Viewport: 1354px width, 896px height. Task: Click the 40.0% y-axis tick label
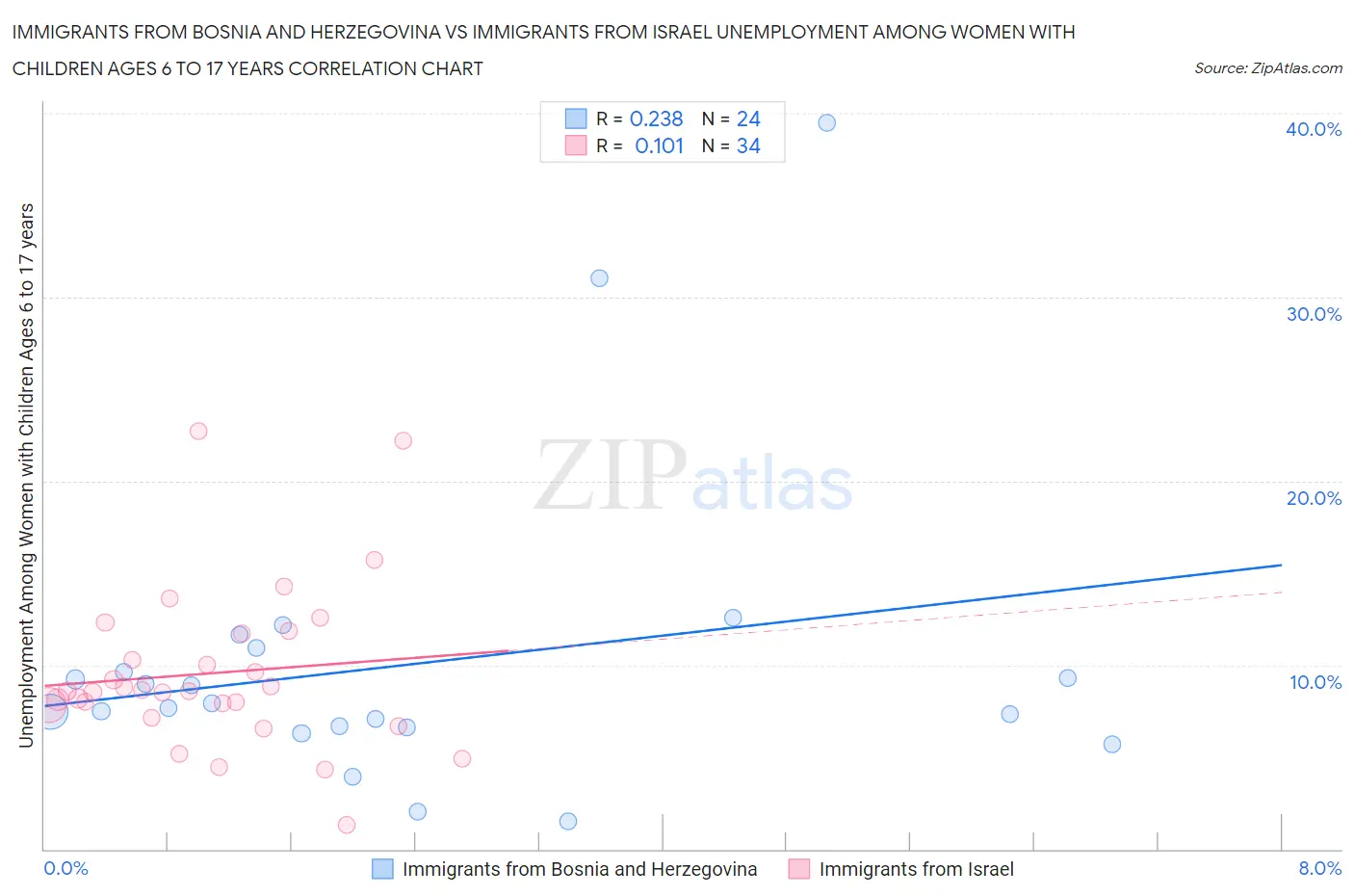[x=1313, y=129]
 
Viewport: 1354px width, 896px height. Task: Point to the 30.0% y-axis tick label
[x=1313, y=314]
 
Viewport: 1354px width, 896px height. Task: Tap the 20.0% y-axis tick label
[x=1313, y=498]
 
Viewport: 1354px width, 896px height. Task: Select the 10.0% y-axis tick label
[x=1315, y=682]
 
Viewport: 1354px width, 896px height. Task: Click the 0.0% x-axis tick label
[x=65, y=868]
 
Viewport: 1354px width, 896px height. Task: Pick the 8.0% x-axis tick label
[x=1319, y=868]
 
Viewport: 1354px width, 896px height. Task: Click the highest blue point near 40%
[x=826, y=122]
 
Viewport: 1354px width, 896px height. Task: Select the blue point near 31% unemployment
[x=599, y=278]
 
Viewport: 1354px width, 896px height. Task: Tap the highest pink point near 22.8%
[x=198, y=431]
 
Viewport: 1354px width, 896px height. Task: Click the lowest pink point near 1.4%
[x=347, y=825]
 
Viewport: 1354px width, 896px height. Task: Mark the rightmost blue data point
[x=1111, y=744]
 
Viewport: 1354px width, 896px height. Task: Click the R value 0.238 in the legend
[x=656, y=119]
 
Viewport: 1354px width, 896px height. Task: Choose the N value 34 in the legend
[x=748, y=145]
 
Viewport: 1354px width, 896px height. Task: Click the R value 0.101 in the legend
[x=659, y=145]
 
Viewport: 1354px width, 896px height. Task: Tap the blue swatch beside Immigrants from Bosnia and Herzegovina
[x=382, y=869]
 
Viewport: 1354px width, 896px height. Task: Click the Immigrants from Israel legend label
[x=916, y=869]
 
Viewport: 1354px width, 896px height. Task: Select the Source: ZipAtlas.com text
[x=1267, y=68]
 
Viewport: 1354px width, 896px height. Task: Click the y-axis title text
[x=26, y=475]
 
